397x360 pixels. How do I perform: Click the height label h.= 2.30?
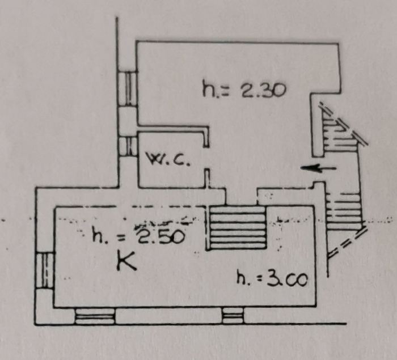point(244,89)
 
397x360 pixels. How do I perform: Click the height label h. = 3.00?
point(272,279)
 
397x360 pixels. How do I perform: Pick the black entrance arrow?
point(318,168)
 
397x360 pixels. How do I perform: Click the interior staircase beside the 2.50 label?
point(236,228)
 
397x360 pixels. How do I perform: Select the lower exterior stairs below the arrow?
point(344,211)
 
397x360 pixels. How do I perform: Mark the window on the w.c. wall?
point(128,147)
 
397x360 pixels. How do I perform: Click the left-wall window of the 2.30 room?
point(128,89)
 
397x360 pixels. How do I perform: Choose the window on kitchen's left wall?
point(45,270)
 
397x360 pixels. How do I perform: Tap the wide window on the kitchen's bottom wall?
point(95,316)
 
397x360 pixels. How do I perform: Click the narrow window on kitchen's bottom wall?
point(233,316)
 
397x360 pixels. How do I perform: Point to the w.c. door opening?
point(206,158)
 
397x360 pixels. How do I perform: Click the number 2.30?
point(264,90)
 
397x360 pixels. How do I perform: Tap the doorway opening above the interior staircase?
point(241,197)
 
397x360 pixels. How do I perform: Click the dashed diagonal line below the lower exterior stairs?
point(347,243)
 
